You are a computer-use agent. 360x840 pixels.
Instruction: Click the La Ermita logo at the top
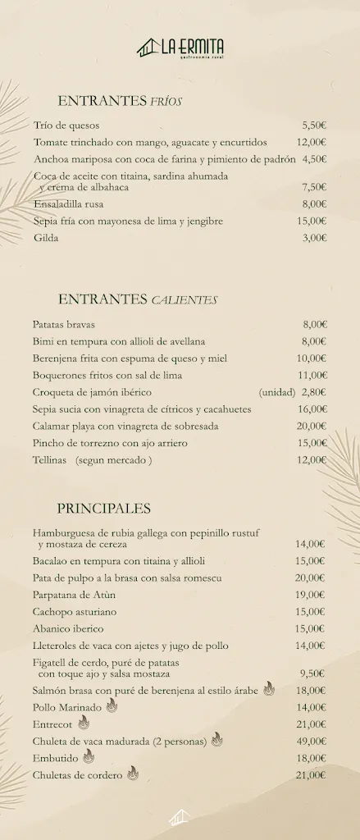coord(180,48)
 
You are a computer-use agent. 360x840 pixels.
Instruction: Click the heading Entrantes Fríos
coord(120,101)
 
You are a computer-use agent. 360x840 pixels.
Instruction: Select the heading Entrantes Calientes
coord(137,299)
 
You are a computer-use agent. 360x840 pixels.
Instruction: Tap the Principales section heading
coord(103,509)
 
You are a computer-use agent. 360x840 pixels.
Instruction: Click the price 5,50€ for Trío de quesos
coord(314,126)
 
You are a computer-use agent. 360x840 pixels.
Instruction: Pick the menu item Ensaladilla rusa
coord(68,204)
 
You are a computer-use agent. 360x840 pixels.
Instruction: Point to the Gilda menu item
coord(46,238)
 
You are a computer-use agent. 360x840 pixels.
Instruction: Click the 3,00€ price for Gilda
coord(314,238)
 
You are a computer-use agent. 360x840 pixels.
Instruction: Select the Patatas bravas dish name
coord(64,325)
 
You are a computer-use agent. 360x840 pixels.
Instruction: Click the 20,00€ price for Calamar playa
coord(312,426)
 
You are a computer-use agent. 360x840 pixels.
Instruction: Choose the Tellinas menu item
coord(49,460)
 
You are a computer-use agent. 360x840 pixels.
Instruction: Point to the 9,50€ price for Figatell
coord(312,673)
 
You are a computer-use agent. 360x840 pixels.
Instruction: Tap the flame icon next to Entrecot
coord(84,724)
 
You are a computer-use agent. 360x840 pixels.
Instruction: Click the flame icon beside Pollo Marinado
coord(112,706)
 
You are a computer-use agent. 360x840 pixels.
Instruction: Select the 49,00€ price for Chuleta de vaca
coord(311,742)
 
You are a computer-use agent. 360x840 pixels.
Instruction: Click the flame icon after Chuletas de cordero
coord(133,774)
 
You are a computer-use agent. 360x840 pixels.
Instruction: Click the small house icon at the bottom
coord(179,817)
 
